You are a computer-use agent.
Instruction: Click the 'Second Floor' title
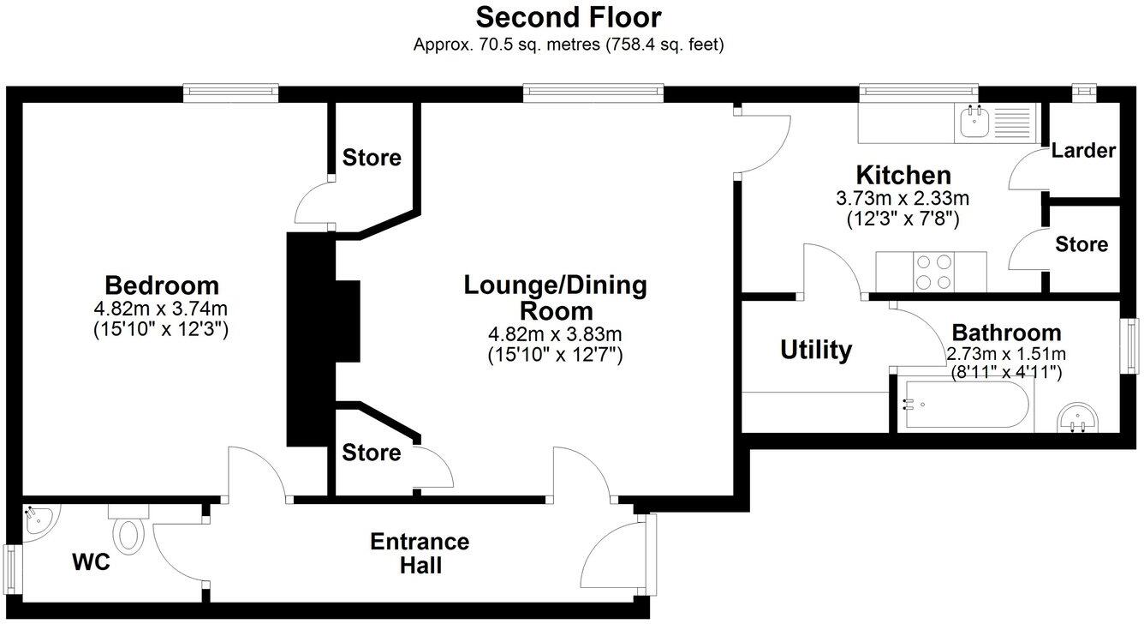tap(569, 17)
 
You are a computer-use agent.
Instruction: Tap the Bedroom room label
tap(162, 285)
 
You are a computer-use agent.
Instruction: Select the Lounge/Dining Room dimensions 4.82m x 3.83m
tap(555, 334)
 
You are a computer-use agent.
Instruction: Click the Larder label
tap(1083, 151)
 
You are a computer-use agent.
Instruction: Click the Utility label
tap(816, 350)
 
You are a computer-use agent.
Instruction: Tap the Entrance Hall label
tap(420, 554)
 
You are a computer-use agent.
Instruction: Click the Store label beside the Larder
tap(1081, 244)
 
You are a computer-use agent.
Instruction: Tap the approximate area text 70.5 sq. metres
tap(508, 45)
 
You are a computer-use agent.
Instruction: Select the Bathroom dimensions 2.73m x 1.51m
tap(1006, 354)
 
